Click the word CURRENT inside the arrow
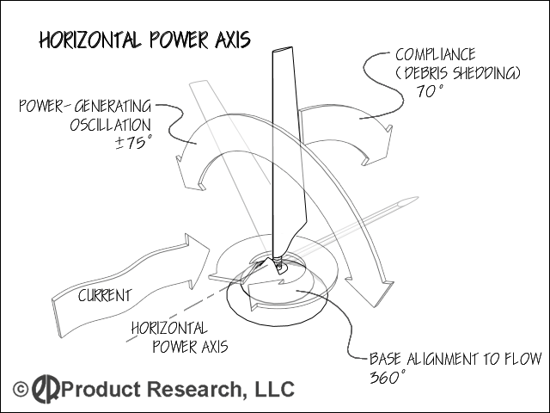[x=105, y=295]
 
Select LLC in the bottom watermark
[x=273, y=390]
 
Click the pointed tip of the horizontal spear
[x=416, y=200]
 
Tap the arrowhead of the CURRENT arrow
[x=201, y=259]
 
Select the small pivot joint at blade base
[x=280, y=263]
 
